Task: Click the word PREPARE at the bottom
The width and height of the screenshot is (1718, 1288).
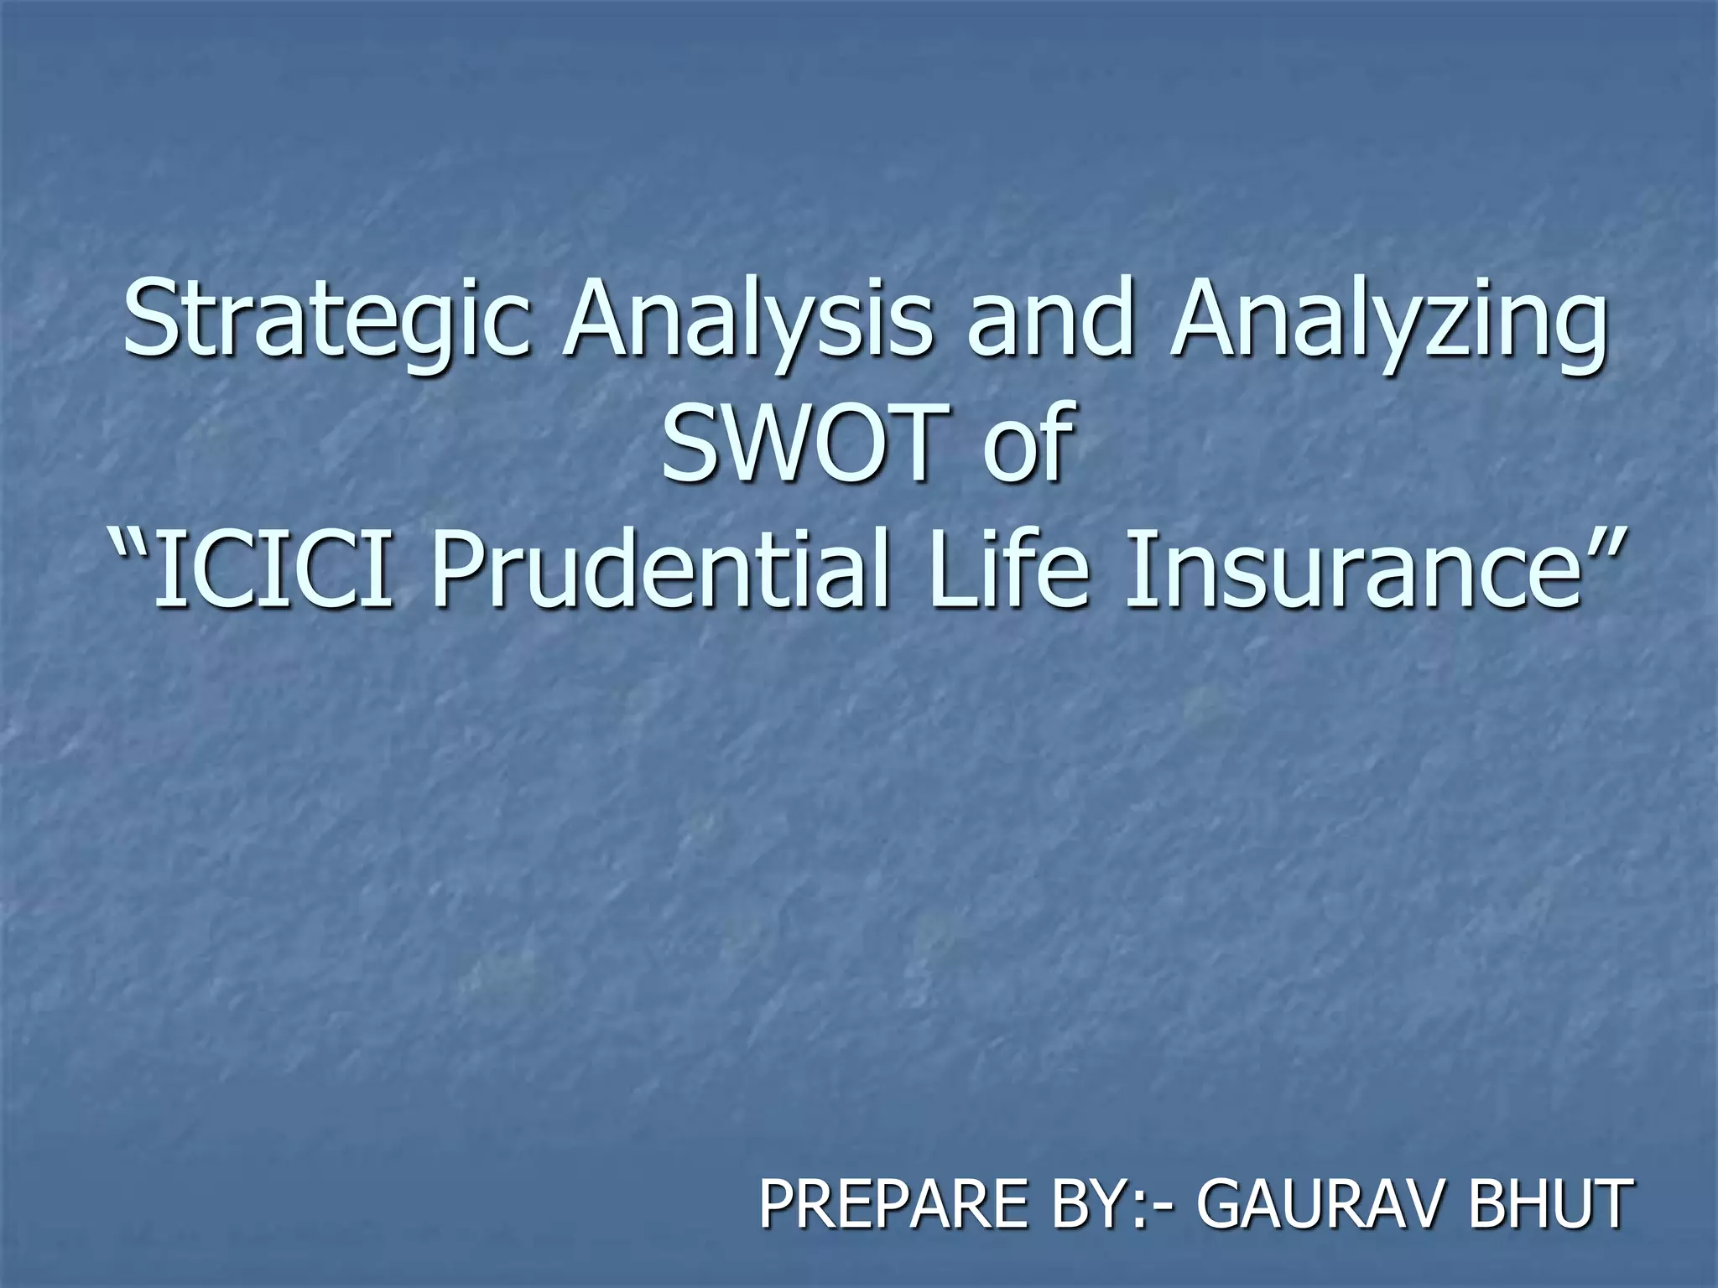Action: click(893, 1203)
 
